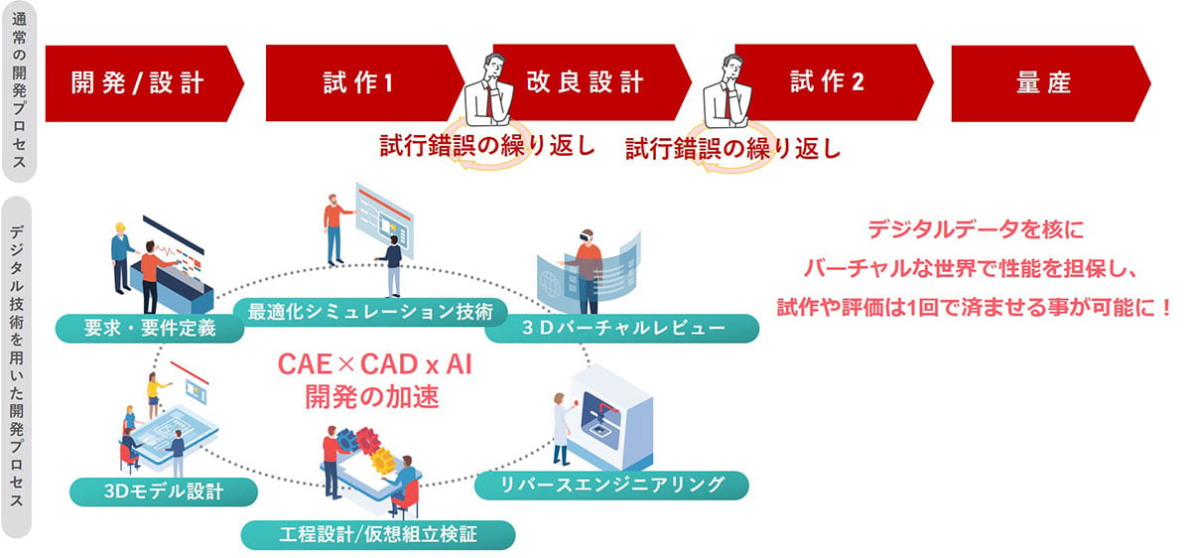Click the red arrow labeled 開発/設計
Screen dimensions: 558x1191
click(x=139, y=82)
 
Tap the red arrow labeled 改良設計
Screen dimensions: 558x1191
click(x=586, y=82)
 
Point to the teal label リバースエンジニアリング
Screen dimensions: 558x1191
click(x=611, y=485)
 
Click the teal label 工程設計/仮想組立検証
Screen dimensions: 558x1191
click(x=378, y=535)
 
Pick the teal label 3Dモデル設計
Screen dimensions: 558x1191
click(x=164, y=490)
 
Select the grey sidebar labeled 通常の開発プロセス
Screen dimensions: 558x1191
click(x=21, y=92)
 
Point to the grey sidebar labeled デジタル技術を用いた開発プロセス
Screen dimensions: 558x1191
click(x=21, y=367)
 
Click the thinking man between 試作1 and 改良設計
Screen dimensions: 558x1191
click(x=485, y=90)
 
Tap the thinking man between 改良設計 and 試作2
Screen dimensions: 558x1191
click(x=726, y=90)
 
